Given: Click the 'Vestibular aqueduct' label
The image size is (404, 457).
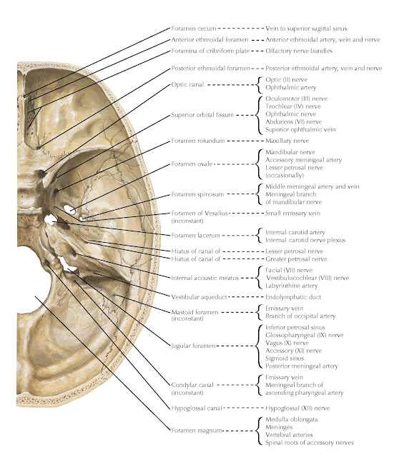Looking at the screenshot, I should [x=199, y=296].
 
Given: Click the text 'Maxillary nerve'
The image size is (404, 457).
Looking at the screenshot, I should [x=287, y=141].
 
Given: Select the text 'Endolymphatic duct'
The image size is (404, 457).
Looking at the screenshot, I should [x=292, y=296].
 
